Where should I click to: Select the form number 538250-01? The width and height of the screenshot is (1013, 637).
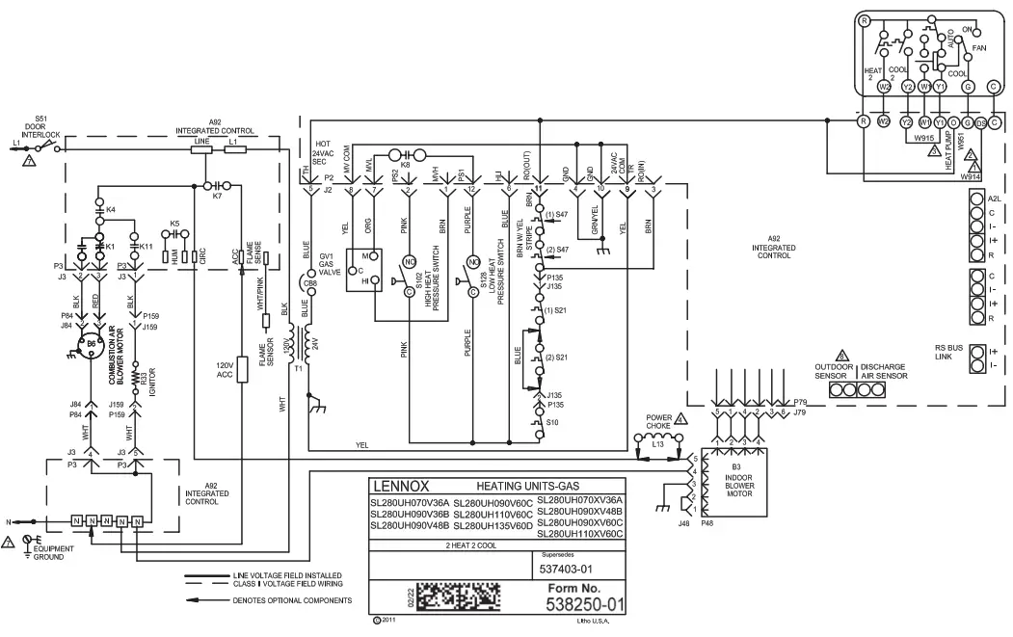pos(585,606)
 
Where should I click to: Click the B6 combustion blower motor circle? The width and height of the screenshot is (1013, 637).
pos(91,344)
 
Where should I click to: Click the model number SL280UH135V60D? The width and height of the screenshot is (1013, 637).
pos(492,525)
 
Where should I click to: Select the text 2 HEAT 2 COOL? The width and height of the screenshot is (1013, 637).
pos(449,546)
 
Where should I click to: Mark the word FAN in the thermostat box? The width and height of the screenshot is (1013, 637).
pos(979,47)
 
